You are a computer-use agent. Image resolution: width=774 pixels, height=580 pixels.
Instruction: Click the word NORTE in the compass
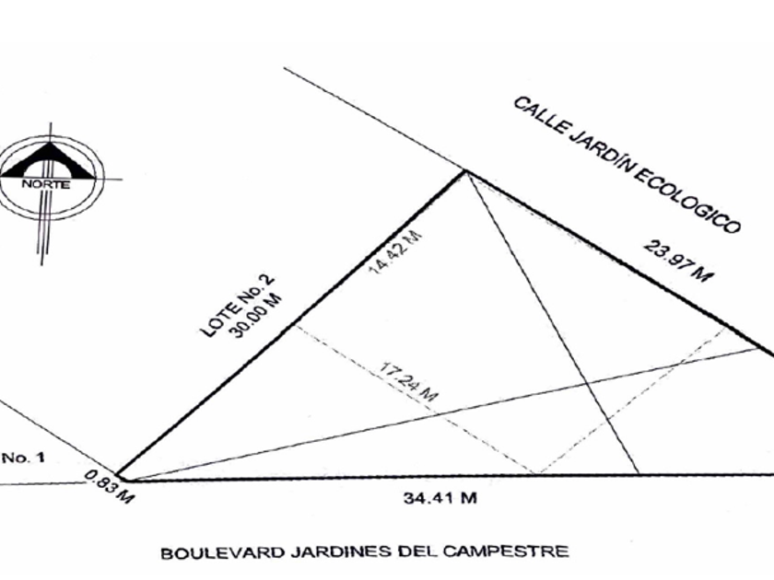pyautogui.click(x=45, y=183)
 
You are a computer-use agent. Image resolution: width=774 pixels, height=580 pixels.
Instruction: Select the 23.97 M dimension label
pyautogui.click(x=677, y=261)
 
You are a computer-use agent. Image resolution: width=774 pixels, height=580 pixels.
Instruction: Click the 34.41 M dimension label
pyautogui.click(x=440, y=499)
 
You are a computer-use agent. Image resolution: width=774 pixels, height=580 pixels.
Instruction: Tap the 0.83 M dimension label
pyautogui.click(x=109, y=487)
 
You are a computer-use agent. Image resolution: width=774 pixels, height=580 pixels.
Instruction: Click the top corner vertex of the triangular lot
pyautogui.click(x=465, y=171)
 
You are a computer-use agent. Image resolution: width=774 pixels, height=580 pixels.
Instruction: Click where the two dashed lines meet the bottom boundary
pyautogui.click(x=538, y=474)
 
